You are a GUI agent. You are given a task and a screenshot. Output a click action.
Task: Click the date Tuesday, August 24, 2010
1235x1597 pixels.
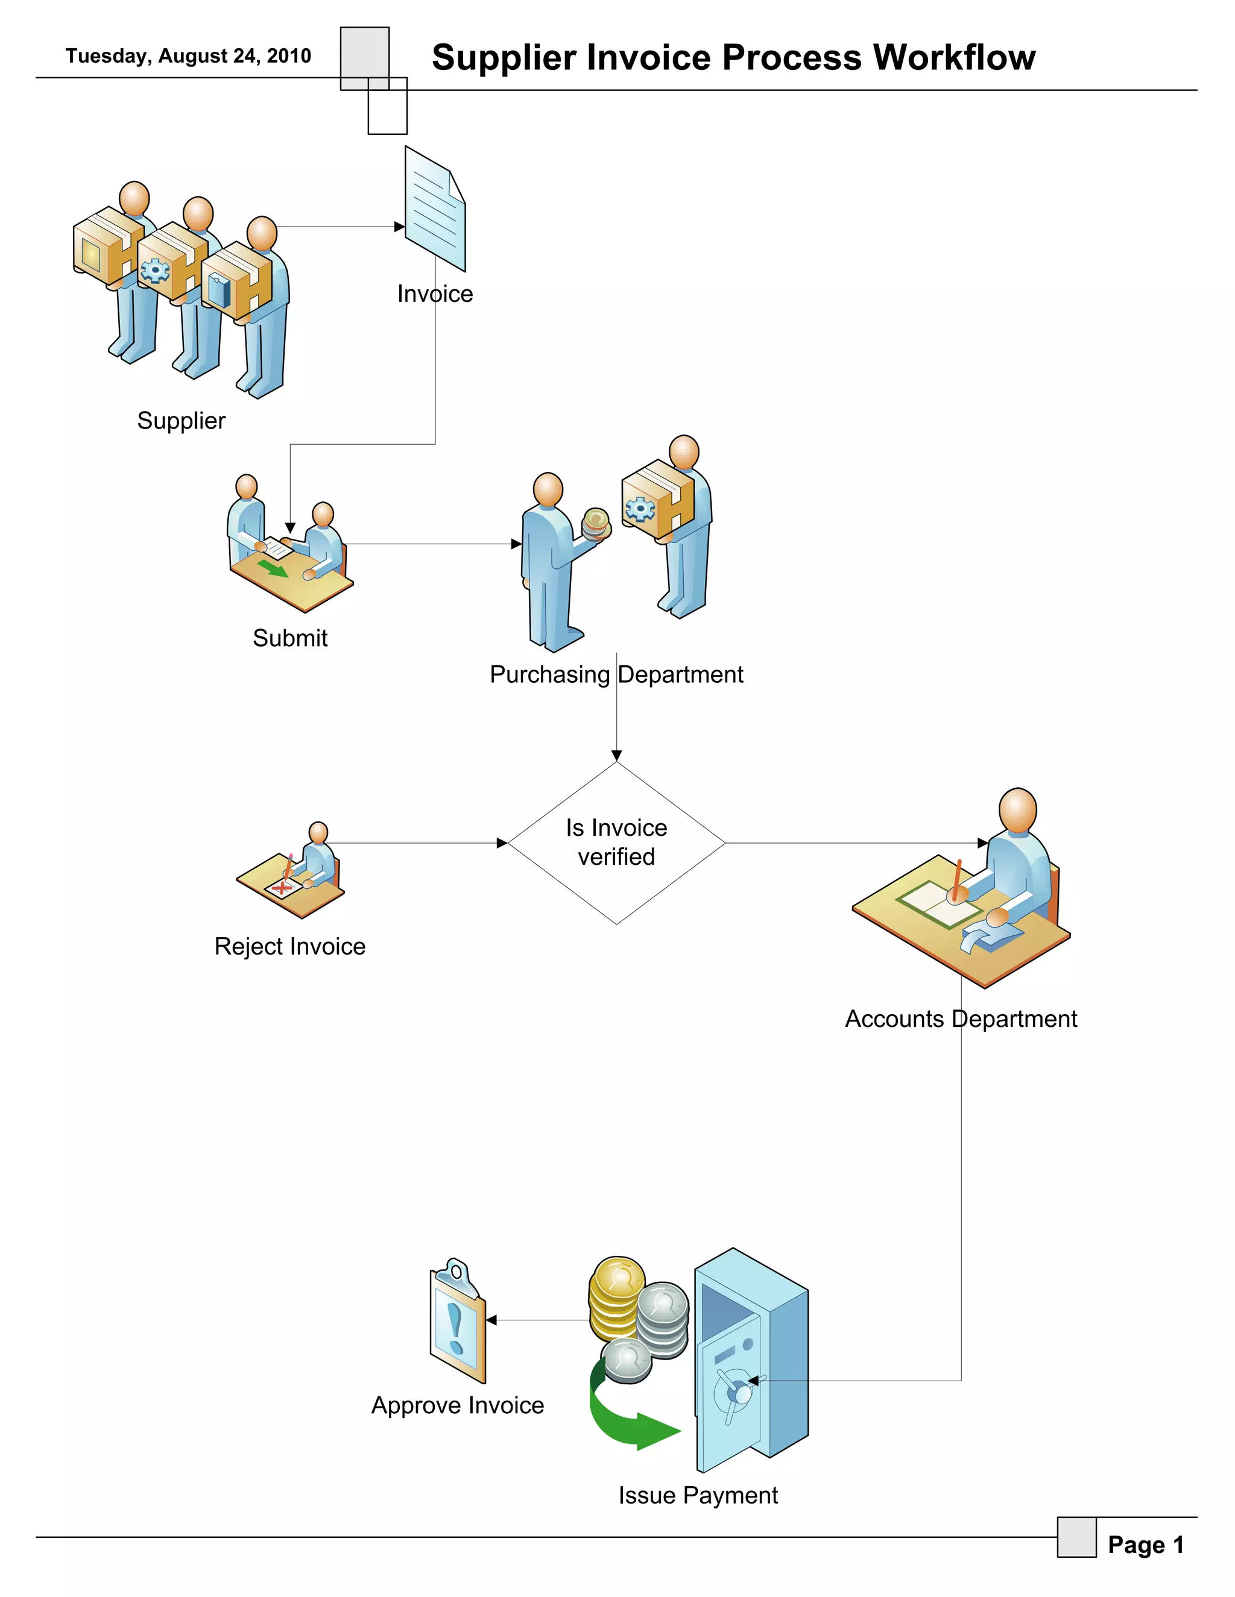(188, 56)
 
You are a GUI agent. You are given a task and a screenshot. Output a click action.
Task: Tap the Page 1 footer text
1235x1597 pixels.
(1145, 1545)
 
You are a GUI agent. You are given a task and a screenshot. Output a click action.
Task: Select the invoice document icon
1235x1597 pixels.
(435, 210)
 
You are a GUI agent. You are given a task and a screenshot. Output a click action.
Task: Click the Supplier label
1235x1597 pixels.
(182, 421)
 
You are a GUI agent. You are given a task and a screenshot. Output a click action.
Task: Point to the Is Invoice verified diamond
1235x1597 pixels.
(616, 842)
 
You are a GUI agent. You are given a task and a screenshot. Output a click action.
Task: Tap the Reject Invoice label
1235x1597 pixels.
(289, 946)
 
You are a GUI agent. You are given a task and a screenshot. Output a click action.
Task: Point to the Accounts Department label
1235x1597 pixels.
(961, 1018)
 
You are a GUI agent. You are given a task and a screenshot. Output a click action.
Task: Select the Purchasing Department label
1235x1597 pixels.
(616, 674)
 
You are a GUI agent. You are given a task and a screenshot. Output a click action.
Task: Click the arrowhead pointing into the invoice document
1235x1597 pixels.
(399, 227)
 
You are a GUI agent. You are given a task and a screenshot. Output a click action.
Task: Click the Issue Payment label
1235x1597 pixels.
(698, 1495)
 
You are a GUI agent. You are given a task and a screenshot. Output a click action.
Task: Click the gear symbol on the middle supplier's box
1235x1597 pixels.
(154, 271)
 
